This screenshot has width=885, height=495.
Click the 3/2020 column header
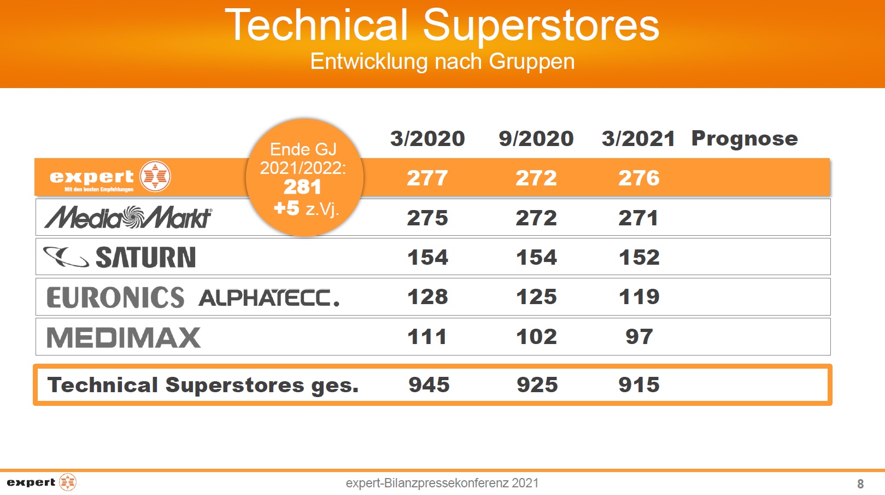pos(427,139)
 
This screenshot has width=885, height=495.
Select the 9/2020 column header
pos(536,139)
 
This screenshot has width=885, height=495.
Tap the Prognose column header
pos(745,139)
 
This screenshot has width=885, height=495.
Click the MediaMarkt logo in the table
pos(128,217)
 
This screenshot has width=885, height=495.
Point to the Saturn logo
pos(119,257)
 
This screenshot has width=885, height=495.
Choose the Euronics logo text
pos(115,298)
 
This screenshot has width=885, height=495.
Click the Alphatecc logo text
pos(269,298)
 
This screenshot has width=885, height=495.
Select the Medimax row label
pos(124,337)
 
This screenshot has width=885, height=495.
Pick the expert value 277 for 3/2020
pos(427,178)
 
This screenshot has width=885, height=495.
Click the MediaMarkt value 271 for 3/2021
pos(638,218)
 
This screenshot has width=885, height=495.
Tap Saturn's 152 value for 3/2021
pos(639,258)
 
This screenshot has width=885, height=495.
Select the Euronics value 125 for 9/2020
pos(537,297)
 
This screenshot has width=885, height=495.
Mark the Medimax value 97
pos(639,337)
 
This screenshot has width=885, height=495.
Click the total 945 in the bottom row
pos(429,385)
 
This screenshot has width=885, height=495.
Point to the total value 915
pos(639,385)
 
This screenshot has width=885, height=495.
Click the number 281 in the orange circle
pos(302,187)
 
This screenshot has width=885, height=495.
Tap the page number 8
pos(860,484)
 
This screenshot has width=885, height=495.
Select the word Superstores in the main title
pos(541,26)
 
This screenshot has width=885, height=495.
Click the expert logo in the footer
pos(42,482)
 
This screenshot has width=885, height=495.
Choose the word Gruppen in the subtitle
pos(531,62)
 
